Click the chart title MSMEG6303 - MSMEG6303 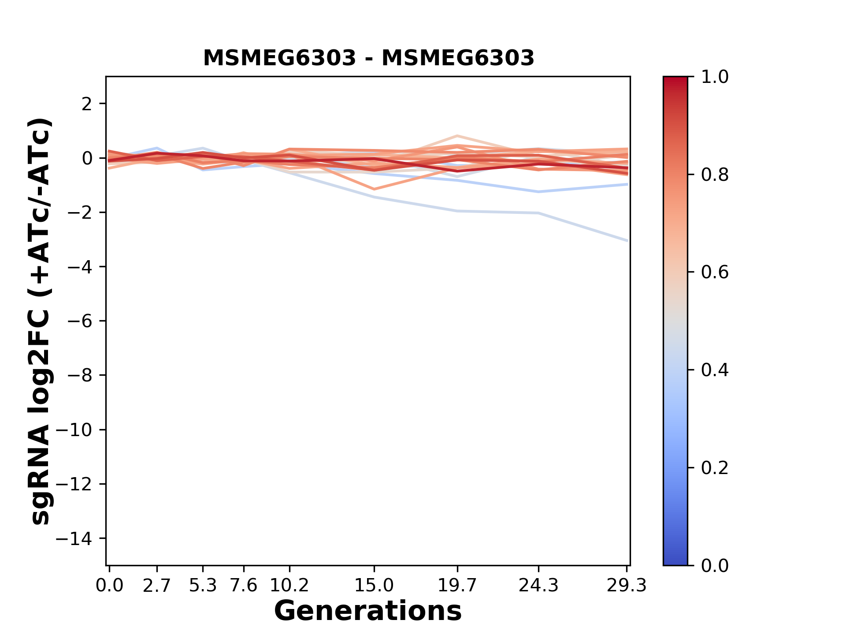pos(368,58)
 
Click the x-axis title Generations pos(368,611)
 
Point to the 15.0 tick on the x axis pos(374,586)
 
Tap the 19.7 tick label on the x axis pos(457,586)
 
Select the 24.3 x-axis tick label pos(538,586)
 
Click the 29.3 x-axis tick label pos(627,586)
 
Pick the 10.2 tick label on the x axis pos(289,586)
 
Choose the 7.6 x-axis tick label pos(244,586)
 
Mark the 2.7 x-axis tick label pos(157,586)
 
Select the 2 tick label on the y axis pos(87,104)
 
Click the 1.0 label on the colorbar pos(715,77)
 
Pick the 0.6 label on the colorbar pos(715,273)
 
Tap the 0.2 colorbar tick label pos(715,468)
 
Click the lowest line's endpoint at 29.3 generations pos(627,241)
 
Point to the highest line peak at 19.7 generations pos(458,136)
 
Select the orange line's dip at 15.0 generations pos(374,189)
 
